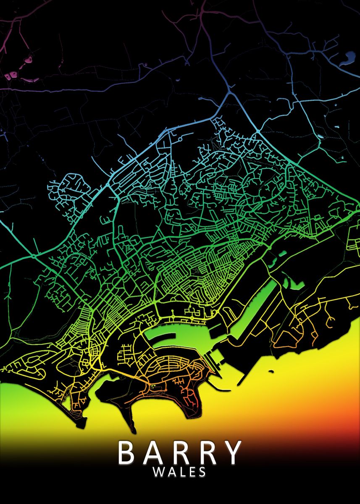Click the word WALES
tap(179, 472)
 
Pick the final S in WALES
tap(202, 472)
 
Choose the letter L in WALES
tap(181, 472)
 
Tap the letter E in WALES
tap(192, 472)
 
